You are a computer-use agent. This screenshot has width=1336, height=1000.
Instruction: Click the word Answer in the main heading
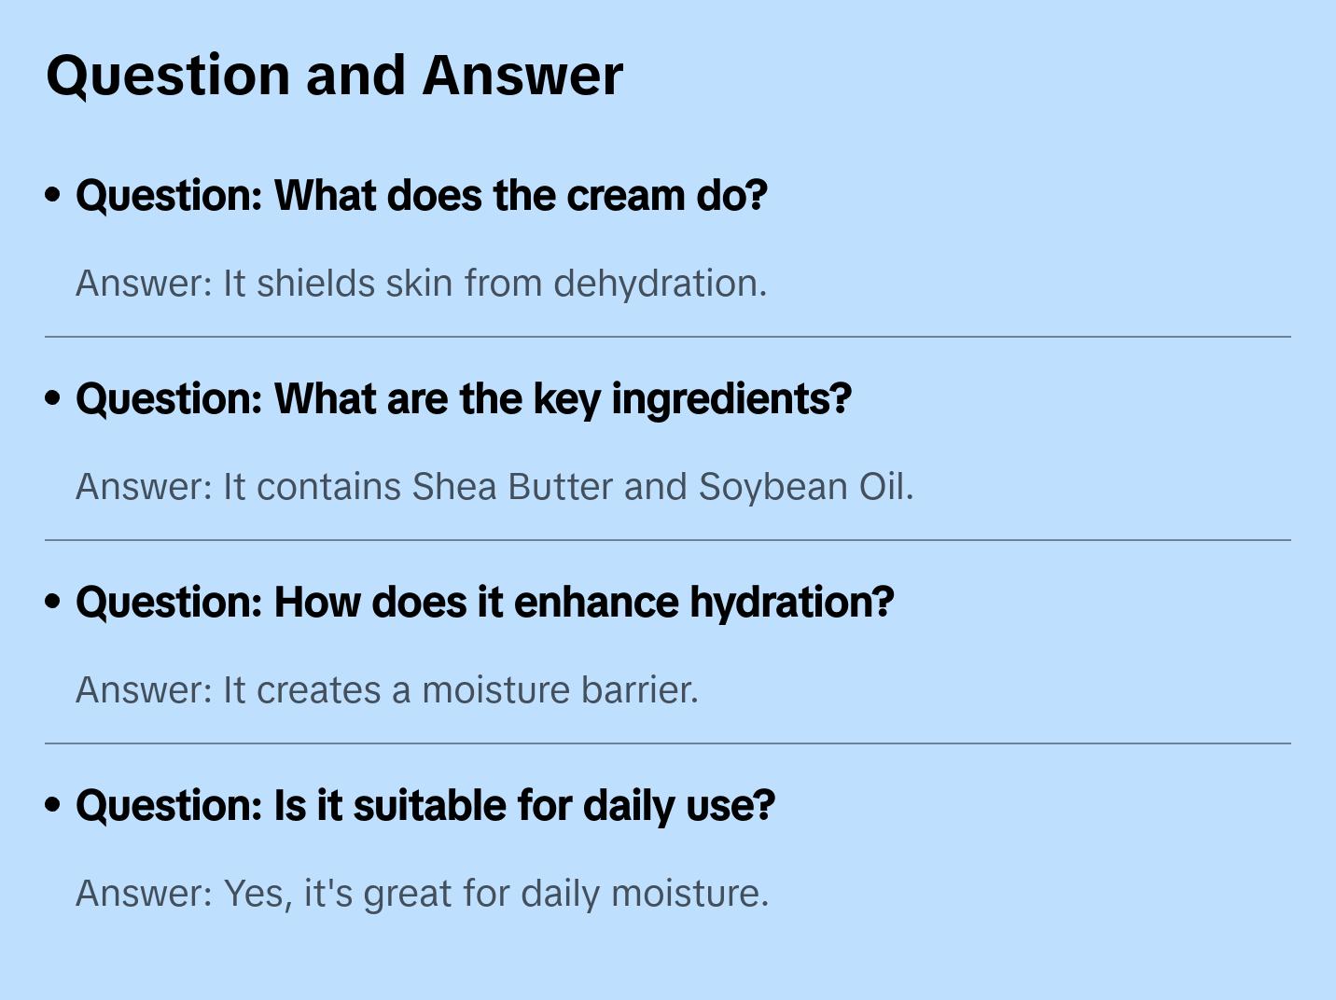click(x=522, y=75)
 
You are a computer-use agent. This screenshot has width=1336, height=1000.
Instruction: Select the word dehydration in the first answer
click(x=660, y=284)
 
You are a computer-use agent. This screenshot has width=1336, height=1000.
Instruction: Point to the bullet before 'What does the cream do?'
click(x=53, y=195)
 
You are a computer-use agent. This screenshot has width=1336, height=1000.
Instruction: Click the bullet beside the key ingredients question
click(x=53, y=398)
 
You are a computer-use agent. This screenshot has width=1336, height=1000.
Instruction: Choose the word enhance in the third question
click(x=596, y=603)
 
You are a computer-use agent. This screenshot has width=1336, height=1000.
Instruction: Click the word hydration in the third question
click(x=792, y=603)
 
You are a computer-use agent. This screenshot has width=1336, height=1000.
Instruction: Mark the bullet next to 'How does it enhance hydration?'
click(x=53, y=602)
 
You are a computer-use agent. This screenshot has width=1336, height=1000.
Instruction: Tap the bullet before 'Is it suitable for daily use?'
click(x=53, y=805)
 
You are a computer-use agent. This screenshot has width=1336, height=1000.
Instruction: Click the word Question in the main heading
click(x=168, y=75)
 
